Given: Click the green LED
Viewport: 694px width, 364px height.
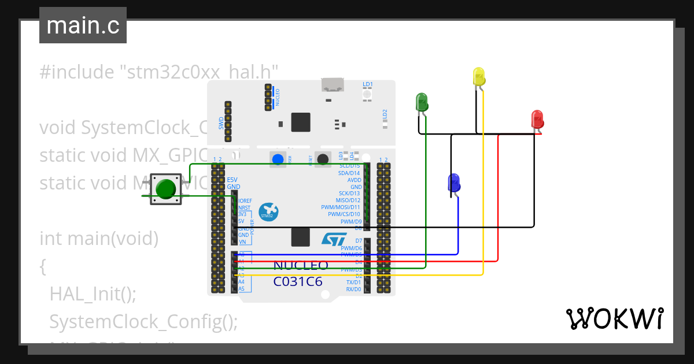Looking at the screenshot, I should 422,103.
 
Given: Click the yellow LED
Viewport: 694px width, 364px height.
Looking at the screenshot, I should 478,77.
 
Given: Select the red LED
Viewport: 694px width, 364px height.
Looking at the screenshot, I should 537,119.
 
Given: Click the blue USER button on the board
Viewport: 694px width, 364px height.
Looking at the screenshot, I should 278,159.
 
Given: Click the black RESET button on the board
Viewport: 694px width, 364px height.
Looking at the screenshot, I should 323,159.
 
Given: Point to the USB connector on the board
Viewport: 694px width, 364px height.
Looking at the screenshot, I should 332,86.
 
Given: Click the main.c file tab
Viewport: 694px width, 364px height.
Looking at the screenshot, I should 83,26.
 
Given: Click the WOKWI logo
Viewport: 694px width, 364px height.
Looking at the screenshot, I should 614,318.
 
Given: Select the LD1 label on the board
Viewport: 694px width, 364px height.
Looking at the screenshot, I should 368,84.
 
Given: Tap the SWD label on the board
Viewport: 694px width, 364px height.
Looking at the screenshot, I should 221,123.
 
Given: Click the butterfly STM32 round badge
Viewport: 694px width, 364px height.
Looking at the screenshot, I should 268,212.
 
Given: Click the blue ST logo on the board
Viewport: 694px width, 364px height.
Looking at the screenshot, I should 333,239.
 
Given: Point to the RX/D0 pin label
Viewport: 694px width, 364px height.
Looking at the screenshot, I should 353,289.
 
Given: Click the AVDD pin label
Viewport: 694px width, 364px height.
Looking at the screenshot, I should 354,180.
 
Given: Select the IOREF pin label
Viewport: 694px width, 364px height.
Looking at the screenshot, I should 244,200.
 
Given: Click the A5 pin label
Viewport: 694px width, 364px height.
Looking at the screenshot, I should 242,289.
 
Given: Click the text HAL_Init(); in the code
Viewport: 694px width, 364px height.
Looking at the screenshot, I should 93,294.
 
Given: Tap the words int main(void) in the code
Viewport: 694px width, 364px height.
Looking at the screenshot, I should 98,238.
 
